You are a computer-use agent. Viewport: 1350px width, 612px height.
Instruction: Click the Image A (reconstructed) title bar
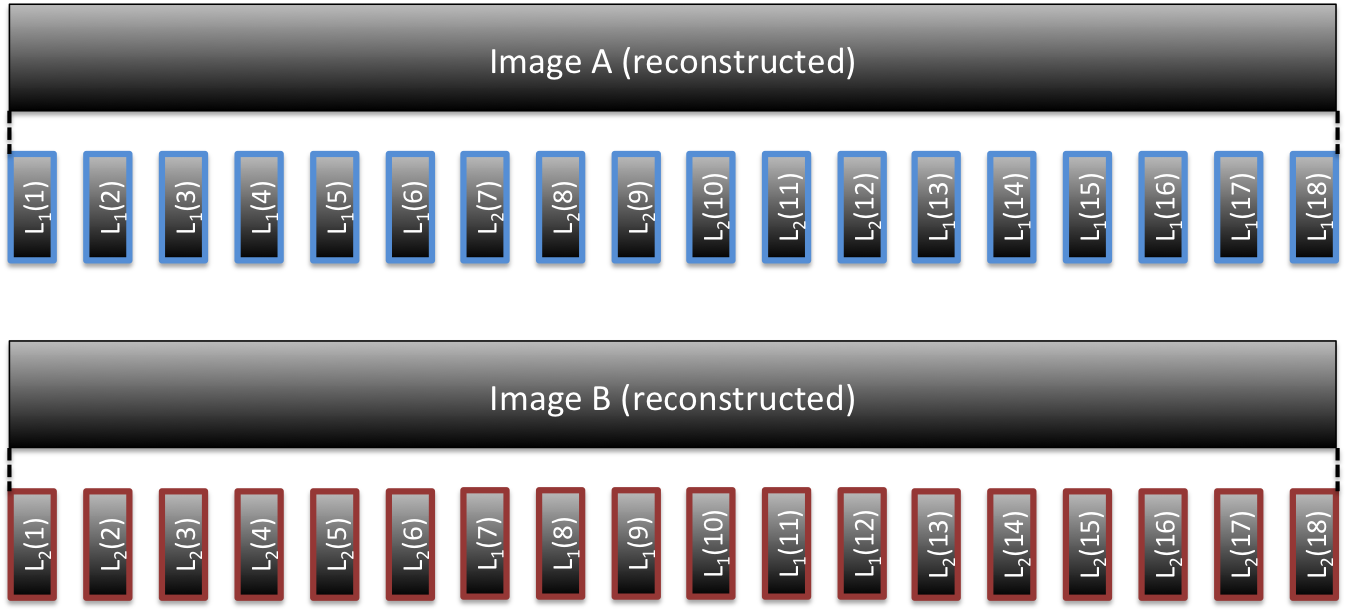(673, 62)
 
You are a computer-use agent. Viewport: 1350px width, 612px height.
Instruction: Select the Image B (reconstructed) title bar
(673, 398)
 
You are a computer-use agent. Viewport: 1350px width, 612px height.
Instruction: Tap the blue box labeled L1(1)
(32, 207)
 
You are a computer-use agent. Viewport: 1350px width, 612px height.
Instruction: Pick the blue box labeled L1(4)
(259, 207)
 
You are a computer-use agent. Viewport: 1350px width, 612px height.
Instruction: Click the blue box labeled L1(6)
(410, 207)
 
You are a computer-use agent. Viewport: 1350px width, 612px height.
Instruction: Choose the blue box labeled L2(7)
(485, 207)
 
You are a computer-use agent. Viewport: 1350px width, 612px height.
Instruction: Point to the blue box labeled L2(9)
(636, 207)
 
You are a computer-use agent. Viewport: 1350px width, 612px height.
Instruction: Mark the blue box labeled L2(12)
(861, 207)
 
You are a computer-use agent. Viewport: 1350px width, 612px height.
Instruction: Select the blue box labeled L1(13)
(937, 207)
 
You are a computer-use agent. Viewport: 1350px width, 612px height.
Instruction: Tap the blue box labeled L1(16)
(1163, 207)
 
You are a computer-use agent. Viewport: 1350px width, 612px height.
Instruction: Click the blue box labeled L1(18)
(1314, 207)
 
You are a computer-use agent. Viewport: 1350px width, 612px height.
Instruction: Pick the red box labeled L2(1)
(32, 545)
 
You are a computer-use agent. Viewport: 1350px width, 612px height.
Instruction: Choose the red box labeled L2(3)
(183, 545)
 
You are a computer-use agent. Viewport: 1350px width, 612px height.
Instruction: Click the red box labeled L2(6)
(410, 545)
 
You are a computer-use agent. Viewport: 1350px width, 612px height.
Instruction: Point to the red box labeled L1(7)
(485, 545)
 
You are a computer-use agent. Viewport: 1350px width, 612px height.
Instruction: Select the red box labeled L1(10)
(710, 545)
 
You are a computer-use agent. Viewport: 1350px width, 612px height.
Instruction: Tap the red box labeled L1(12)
(861, 545)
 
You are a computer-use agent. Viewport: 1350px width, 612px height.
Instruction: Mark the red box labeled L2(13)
(937, 545)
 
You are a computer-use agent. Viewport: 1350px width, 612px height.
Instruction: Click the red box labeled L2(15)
(1088, 545)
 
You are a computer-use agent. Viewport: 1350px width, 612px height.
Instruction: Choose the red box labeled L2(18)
(1314, 545)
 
